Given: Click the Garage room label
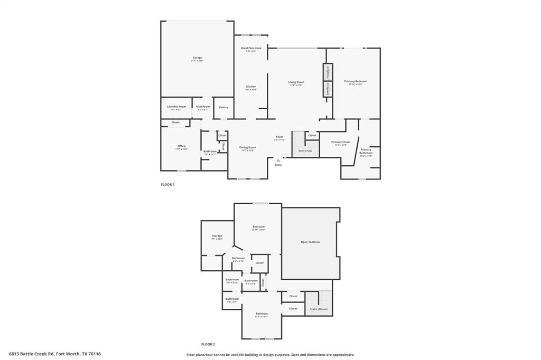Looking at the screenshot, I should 197,58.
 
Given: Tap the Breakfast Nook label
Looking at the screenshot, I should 251,48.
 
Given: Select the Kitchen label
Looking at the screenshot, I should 251,87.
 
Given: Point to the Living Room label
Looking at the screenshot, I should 296,82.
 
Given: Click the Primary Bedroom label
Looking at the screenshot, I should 356,81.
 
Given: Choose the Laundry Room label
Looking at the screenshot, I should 176,107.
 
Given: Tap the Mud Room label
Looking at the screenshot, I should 203,107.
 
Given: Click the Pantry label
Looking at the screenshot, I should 223,107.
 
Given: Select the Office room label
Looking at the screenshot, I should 181,146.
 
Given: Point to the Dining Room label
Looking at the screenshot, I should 248,147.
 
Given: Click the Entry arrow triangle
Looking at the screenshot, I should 278,159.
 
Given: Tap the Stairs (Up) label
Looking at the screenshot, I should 305,151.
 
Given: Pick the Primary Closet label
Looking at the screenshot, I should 341,142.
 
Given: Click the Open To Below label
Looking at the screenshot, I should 310,242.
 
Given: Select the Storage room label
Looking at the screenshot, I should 217,236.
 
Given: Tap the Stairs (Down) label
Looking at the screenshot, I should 319,309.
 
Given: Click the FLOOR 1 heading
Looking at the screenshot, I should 167,184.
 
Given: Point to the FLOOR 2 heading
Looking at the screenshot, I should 208,344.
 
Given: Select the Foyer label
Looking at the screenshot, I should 279,137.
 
